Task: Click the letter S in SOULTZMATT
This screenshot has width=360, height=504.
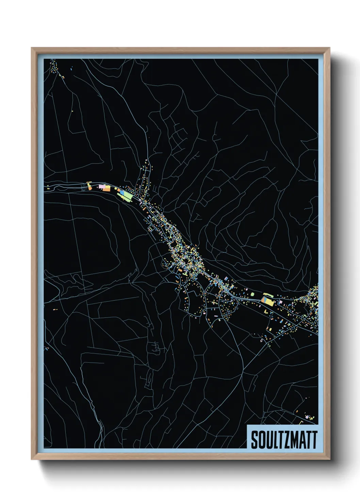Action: tap(255, 440)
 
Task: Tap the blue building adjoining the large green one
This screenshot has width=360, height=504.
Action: tap(122, 192)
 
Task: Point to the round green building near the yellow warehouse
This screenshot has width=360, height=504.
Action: tap(252, 294)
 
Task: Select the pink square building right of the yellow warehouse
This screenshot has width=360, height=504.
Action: tap(281, 302)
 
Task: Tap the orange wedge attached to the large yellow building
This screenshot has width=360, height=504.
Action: tap(263, 300)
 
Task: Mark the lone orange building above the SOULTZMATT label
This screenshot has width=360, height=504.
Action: tap(297, 412)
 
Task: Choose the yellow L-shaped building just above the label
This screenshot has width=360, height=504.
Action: tap(301, 423)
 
